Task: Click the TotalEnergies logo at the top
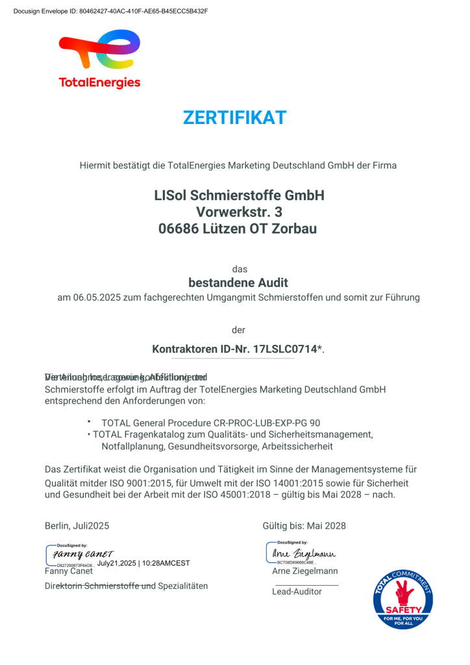click(99, 58)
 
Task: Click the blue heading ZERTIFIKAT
click(234, 118)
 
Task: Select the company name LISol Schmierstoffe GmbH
click(239, 195)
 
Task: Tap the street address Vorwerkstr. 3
click(239, 212)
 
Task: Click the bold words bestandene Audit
click(238, 283)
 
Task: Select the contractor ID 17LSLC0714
click(285, 349)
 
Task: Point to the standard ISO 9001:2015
click(155, 483)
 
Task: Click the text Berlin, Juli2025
click(77, 525)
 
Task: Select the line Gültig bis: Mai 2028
click(304, 525)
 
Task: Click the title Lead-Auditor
click(297, 592)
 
